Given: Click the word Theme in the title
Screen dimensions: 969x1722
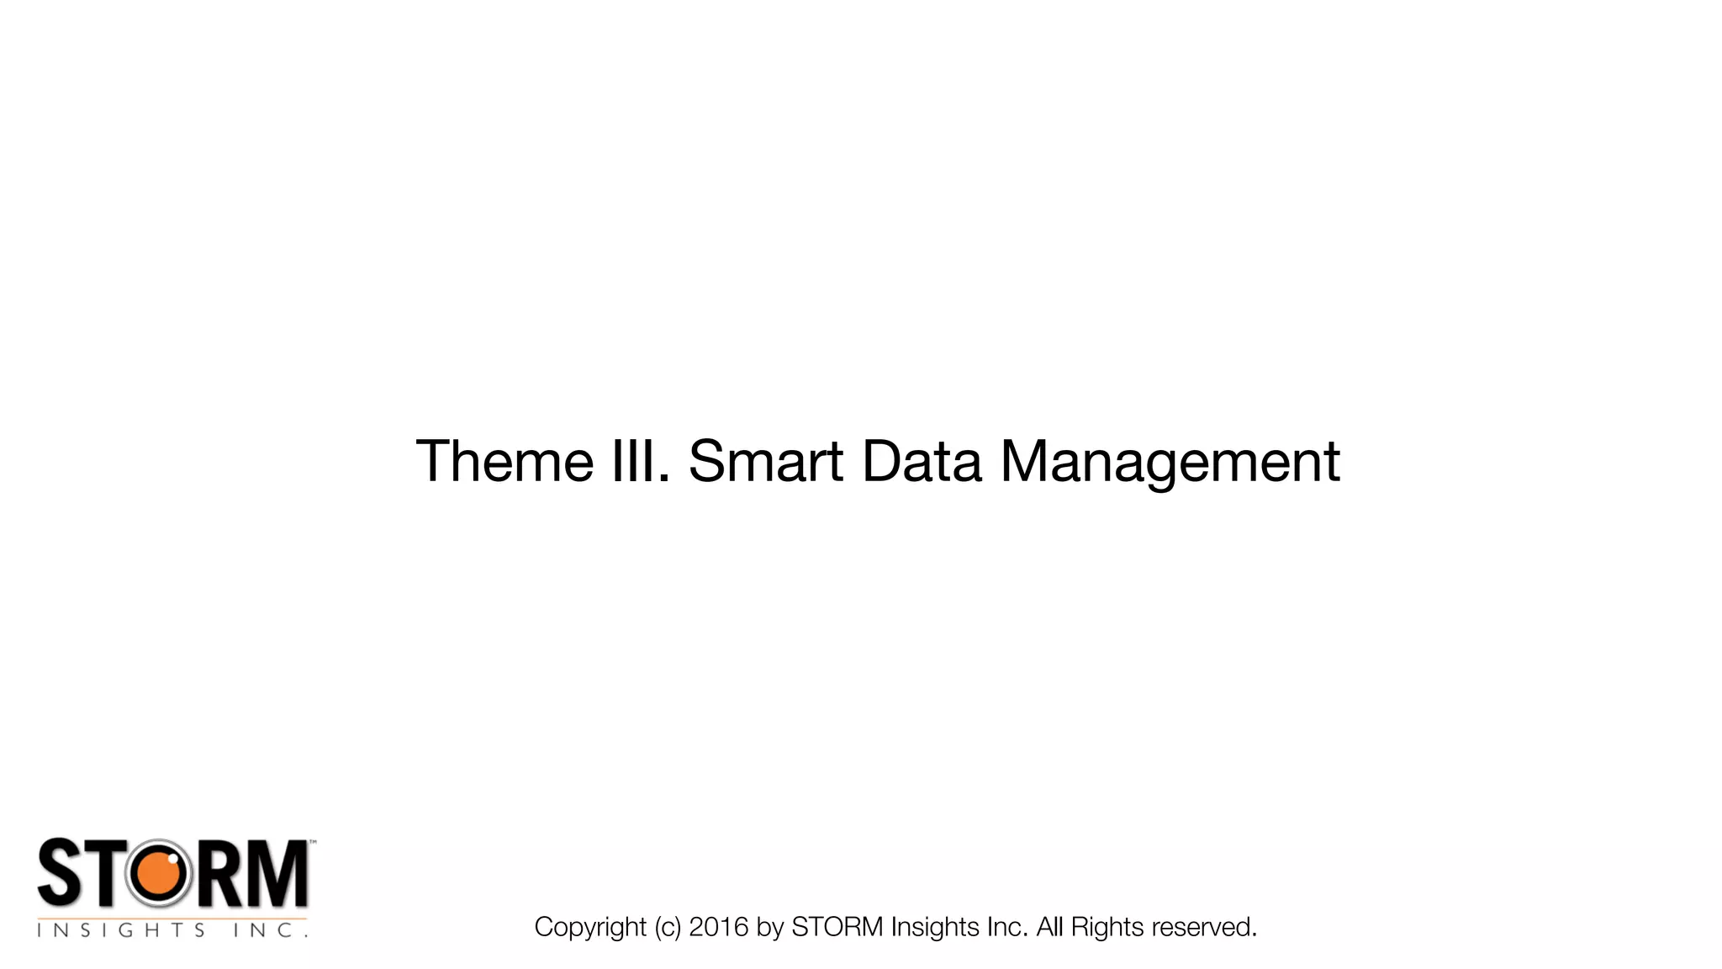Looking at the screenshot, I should pos(504,461).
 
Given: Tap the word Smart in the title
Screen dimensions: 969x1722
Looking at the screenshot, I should pos(765,461).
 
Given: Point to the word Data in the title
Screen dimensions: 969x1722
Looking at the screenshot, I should pos(922,461).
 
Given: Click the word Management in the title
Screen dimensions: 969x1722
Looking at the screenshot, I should pos(1170,463).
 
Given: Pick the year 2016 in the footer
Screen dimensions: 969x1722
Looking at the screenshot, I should pos(718,927).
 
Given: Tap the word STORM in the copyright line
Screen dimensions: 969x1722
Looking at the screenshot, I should pos(837,927).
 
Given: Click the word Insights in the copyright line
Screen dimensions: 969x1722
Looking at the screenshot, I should pos(935,927).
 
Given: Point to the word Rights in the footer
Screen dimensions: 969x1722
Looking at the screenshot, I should pos(1107,927).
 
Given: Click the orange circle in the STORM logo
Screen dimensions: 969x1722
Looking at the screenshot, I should pos(159,875).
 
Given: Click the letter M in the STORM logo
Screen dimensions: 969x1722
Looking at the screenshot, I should pos(277,874).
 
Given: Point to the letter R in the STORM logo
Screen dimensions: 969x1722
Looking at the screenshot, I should pos(219,874).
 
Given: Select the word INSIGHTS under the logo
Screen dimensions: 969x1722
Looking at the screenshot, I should pos(120,930).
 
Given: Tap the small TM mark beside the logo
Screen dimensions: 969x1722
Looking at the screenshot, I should pos(313,841).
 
